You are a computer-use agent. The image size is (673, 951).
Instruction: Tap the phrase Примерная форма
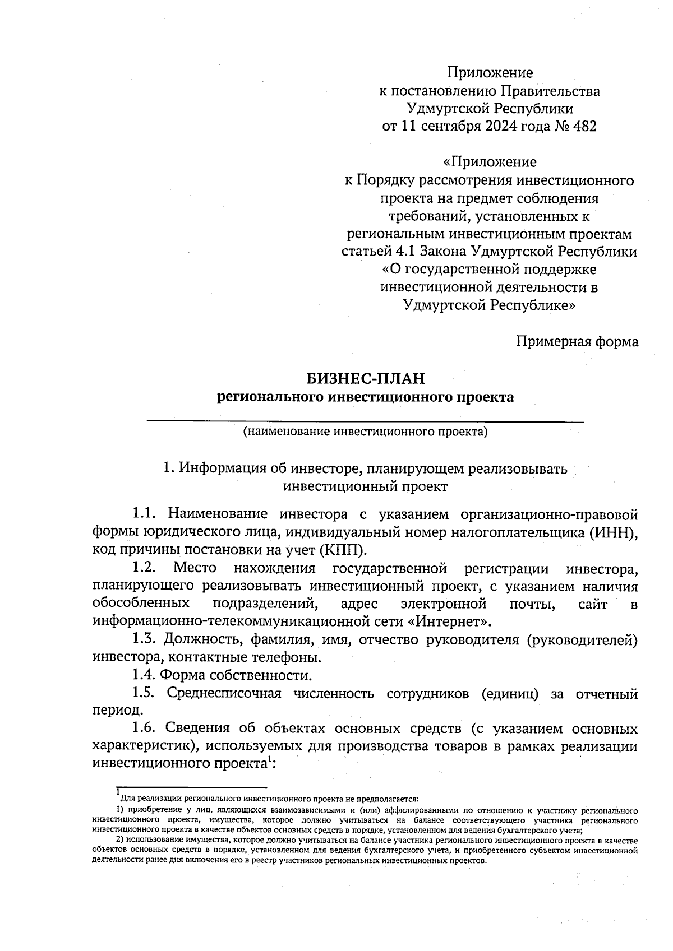[577, 341]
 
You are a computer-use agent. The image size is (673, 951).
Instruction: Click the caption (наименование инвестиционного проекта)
[365, 432]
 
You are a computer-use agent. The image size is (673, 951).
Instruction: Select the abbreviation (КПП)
[341, 549]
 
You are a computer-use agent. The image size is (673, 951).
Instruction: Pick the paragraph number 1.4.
[144, 674]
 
